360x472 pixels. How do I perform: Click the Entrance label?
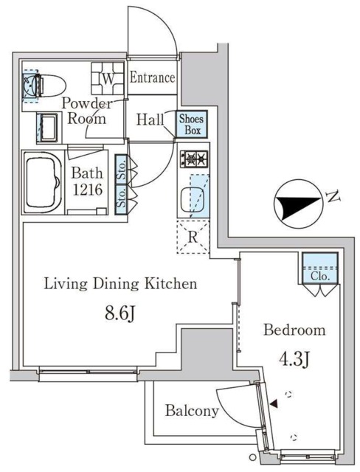(152, 78)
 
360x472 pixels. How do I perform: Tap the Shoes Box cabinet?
(192, 124)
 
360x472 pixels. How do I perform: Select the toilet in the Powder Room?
(46, 86)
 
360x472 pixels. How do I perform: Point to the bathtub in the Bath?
(42, 183)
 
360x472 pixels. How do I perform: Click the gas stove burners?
(194, 159)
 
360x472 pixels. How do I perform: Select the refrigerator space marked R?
(193, 237)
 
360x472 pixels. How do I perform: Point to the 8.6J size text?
(120, 314)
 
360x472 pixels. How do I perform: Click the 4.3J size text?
(294, 359)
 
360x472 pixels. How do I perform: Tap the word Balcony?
(192, 411)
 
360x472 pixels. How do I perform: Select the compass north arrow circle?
(299, 204)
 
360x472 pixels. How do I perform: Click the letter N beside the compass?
(333, 197)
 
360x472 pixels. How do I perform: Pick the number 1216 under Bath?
(88, 190)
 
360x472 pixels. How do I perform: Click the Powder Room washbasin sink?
(48, 128)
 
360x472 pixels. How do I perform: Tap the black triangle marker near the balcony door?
(274, 404)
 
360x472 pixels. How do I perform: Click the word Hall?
(150, 119)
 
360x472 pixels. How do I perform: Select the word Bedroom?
(294, 330)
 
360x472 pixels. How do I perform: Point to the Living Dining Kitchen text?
(120, 284)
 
